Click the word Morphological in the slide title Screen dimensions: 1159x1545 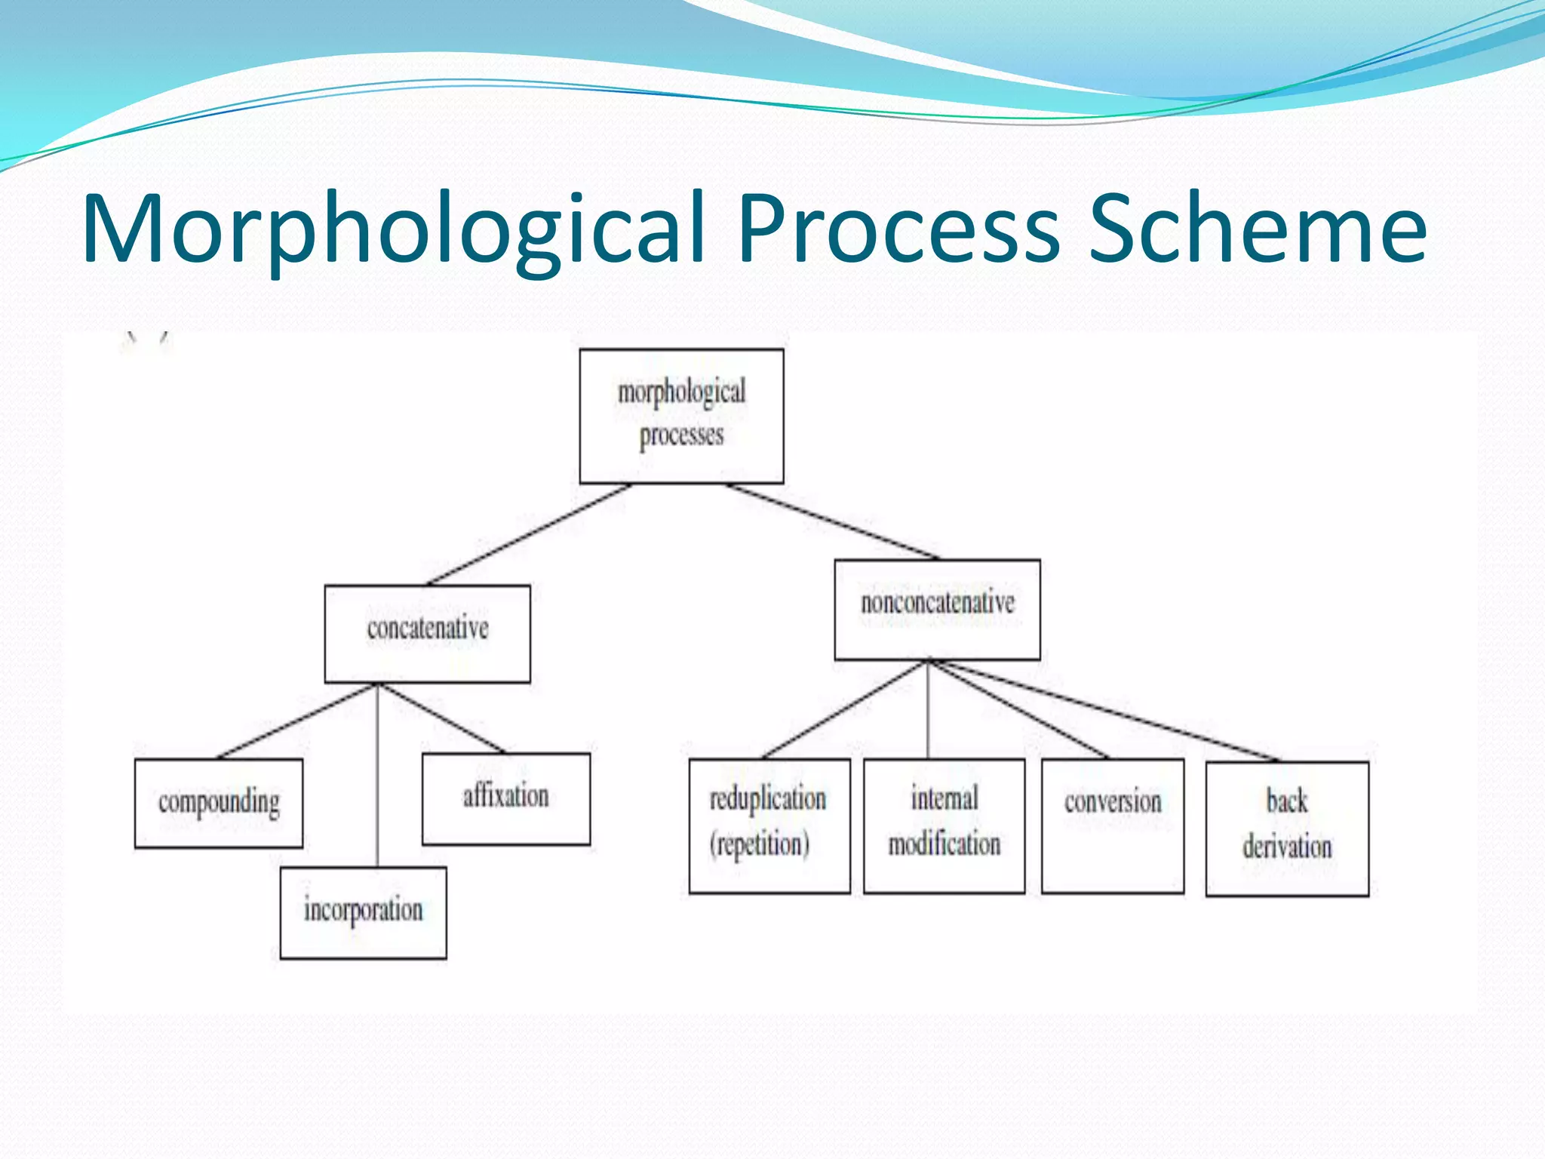point(392,229)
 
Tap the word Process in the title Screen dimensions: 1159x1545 point(898,229)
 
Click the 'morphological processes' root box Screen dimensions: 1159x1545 point(681,416)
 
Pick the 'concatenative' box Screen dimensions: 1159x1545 point(427,633)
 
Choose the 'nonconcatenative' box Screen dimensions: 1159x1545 point(937,609)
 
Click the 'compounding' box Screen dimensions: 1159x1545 point(219,803)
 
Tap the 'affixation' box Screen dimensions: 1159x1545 point(505,798)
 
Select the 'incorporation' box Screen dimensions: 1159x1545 point(363,912)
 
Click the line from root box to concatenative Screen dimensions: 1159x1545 point(528,534)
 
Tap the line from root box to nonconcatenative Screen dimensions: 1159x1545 point(834,521)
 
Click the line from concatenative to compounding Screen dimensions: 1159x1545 point(296,721)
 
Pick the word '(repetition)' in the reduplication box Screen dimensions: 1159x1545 point(759,844)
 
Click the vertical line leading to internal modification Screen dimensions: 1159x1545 point(928,709)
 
